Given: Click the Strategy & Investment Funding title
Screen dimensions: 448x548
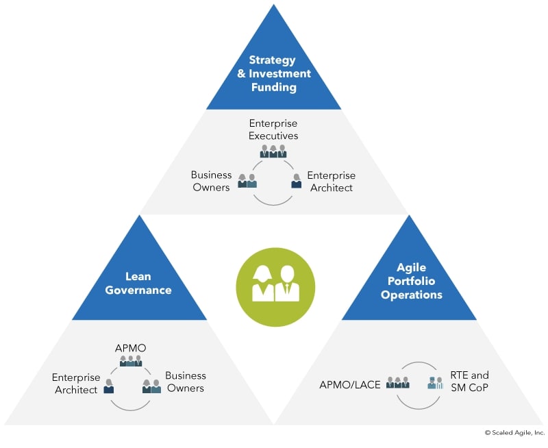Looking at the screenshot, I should point(273,74).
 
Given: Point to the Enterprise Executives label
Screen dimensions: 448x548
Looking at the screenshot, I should point(273,129).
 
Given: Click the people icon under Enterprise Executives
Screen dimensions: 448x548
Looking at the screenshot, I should point(273,151).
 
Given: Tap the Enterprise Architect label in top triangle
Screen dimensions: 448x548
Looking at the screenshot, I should point(332,182).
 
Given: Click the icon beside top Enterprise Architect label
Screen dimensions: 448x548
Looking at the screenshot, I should point(297,181).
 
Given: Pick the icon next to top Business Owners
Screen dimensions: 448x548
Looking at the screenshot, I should point(247,181).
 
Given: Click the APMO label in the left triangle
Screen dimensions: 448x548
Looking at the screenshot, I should point(130,349).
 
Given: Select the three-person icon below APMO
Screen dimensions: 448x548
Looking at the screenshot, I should point(131,361).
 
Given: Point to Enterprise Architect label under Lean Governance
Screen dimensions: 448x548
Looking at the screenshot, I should point(76,384).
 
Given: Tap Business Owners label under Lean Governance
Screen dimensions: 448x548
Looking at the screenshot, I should point(185,382).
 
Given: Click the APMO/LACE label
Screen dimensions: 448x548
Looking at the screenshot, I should point(349,385).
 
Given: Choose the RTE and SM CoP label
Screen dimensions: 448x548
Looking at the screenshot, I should point(469,382).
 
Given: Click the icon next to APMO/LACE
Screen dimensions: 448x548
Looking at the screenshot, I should point(397,383).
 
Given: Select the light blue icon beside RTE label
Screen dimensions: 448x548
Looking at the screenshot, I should point(436,383).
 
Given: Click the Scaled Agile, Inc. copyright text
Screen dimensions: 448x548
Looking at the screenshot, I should point(514,433).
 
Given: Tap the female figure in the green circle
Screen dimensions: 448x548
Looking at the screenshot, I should point(263,283).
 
